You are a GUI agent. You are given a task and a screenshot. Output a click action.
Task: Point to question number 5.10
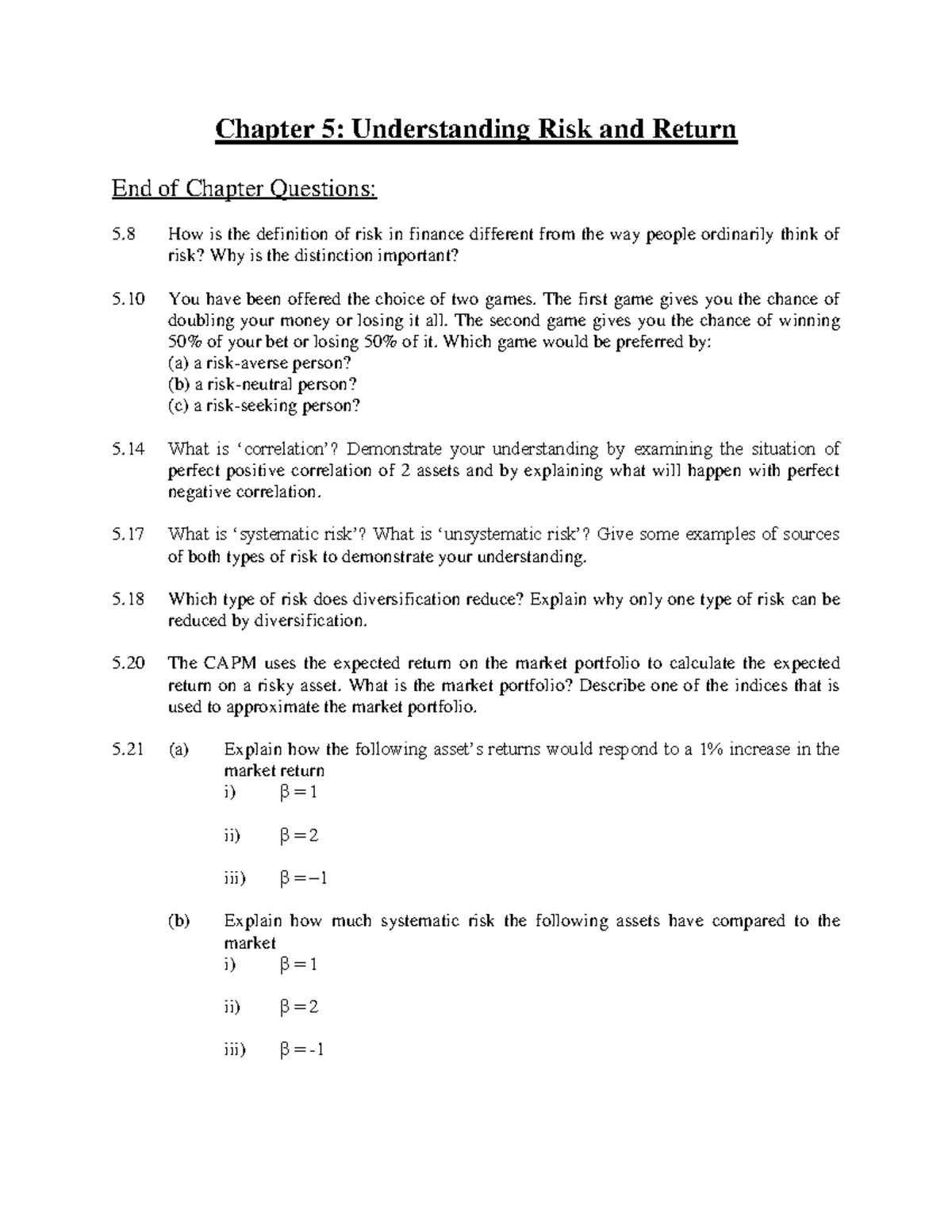pos(129,299)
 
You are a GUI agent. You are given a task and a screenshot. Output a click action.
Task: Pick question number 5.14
pos(129,449)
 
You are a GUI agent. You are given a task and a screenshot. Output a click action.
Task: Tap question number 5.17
pos(129,535)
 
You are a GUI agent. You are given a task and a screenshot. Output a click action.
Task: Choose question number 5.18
pos(129,599)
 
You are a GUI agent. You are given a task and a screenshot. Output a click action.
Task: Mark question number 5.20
pos(129,663)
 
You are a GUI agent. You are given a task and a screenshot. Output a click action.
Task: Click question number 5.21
pos(129,749)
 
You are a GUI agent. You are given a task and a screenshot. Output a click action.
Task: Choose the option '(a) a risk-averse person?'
pos(259,363)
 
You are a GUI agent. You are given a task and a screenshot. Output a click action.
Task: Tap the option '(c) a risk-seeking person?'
pos(263,406)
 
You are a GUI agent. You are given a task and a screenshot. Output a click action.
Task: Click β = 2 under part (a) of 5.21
pos(299,835)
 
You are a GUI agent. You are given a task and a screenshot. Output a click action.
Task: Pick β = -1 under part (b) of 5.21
pos(302,1050)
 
